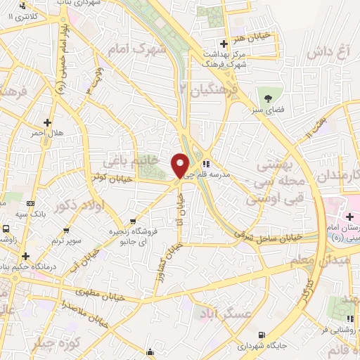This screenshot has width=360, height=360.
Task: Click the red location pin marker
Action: [181, 166]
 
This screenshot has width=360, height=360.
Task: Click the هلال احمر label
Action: [46, 133]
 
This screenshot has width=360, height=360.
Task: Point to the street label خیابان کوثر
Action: [108, 177]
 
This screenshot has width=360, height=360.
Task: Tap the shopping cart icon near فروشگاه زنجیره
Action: [133, 220]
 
